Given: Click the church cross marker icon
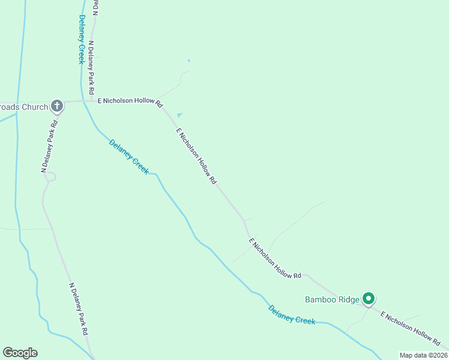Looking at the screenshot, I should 57,106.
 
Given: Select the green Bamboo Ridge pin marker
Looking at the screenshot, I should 369,298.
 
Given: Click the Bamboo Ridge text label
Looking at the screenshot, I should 332,299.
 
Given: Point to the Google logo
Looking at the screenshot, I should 20,353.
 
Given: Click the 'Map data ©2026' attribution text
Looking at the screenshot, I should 423,355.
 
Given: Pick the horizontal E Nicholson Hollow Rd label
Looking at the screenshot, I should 130,102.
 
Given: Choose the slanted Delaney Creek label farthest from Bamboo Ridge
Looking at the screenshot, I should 128,156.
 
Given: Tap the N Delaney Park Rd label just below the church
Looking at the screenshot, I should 49,147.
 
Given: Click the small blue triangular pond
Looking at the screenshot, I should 179,115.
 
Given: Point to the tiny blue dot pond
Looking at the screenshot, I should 188,60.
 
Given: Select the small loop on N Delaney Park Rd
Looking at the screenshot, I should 50,176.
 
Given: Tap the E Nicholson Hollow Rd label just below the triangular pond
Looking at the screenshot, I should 196,155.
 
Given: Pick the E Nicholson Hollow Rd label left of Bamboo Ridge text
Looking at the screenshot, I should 275,259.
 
